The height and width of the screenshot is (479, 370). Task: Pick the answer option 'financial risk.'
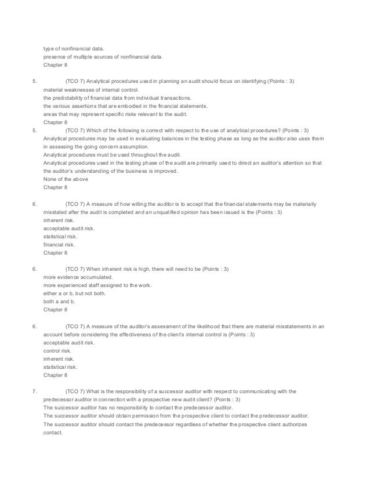[60, 245]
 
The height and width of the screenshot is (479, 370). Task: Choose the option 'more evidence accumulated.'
[78, 277]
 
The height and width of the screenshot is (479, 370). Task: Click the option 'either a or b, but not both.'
[75, 294]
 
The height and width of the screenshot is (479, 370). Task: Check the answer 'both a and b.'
[60, 302]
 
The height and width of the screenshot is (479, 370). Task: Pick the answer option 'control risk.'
[58, 351]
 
